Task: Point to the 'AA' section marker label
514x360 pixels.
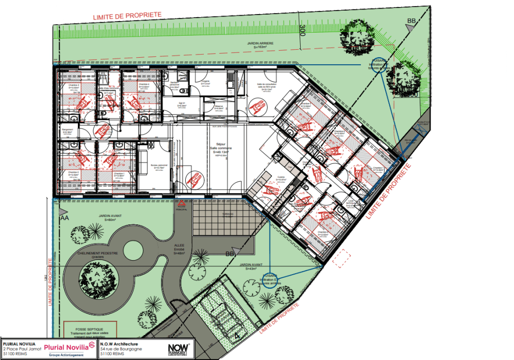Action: pos(64,219)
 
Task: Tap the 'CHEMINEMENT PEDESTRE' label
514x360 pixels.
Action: pos(98,254)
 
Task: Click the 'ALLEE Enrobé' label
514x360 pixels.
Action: pos(179,250)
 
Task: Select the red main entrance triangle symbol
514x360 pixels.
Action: pos(181,204)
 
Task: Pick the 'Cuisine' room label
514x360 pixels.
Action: pos(279,177)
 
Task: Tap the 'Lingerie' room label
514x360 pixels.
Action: pos(205,81)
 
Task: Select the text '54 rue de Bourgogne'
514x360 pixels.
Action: pos(121,348)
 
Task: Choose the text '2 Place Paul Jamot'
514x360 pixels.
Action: pos(22,348)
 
